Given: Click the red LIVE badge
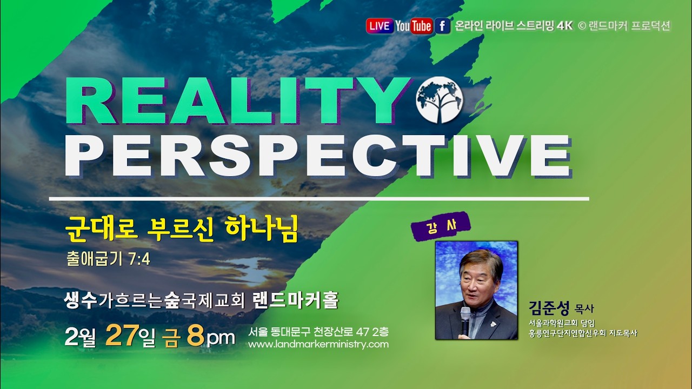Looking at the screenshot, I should click(x=380, y=26).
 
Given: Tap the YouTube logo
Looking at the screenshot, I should click(x=413, y=26).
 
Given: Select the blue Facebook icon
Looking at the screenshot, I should click(x=442, y=26).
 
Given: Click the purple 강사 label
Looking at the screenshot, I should click(x=440, y=226).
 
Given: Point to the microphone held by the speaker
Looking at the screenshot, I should click(x=465, y=319).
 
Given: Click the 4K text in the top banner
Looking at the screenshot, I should click(x=564, y=26).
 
